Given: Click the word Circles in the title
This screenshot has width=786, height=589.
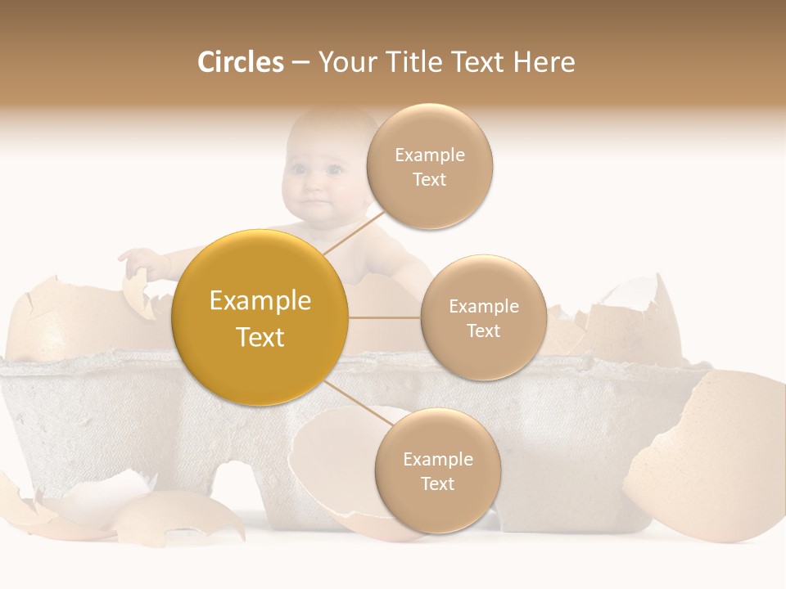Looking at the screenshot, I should pyautogui.click(x=240, y=62).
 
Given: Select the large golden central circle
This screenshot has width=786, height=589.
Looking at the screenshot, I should pyautogui.click(x=260, y=317).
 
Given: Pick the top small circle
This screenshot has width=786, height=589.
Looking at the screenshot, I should pyautogui.click(x=429, y=166).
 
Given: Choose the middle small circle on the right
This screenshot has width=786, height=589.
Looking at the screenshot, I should pyautogui.click(x=483, y=317).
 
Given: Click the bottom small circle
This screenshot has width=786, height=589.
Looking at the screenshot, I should pyautogui.click(x=437, y=470).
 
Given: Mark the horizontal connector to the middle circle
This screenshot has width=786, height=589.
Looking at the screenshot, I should pyautogui.click(x=385, y=317).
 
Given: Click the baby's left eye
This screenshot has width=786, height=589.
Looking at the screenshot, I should pyautogui.click(x=334, y=170).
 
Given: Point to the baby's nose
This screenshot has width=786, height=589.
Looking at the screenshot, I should pyautogui.click(x=314, y=187).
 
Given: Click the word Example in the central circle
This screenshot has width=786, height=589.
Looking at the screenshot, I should pyautogui.click(x=260, y=301).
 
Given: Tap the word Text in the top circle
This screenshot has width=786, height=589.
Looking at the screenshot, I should pyautogui.click(x=429, y=179).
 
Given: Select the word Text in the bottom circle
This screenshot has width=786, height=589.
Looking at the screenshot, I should pyautogui.click(x=437, y=483).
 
